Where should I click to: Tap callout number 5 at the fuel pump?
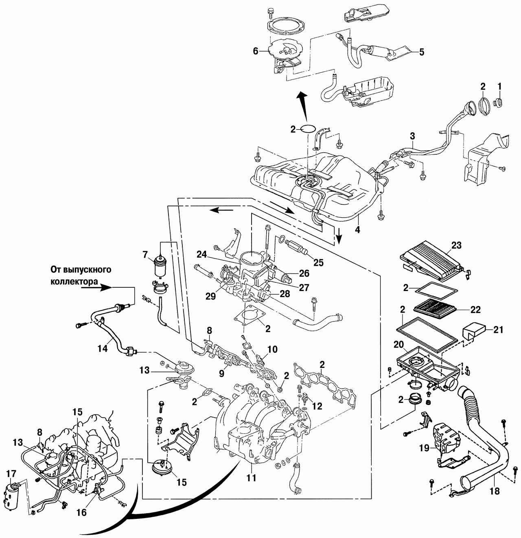(421, 52)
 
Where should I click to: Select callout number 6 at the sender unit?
(256, 51)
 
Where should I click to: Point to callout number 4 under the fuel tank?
(357, 229)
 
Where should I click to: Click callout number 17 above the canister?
(11, 473)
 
